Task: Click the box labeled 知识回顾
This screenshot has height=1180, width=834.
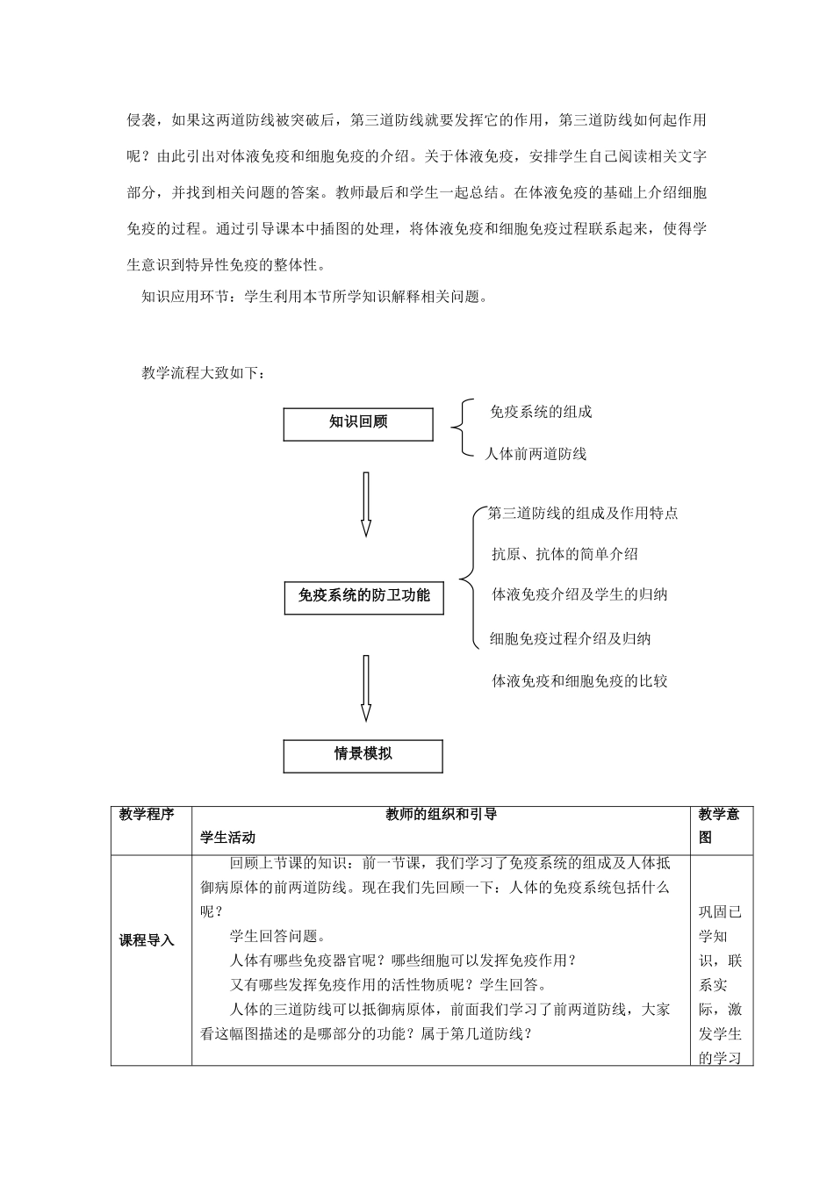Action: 358,424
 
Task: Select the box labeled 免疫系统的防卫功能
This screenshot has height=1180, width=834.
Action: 364,597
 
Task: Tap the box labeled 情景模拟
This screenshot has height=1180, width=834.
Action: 363,755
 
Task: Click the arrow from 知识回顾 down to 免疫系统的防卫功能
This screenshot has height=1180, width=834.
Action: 366,504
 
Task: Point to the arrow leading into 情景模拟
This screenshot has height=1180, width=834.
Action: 366,688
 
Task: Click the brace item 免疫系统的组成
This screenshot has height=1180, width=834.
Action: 541,412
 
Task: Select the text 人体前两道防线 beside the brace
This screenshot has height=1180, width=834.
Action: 536,454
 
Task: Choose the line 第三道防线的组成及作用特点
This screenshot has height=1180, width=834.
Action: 583,514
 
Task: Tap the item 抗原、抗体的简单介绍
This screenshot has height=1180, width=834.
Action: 564,554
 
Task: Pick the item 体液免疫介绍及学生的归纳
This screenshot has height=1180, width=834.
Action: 579,594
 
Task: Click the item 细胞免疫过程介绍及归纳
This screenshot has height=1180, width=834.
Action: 570,638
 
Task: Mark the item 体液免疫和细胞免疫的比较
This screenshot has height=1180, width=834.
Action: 579,680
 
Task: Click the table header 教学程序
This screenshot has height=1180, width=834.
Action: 147,815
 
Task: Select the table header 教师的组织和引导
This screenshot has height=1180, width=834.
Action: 442,815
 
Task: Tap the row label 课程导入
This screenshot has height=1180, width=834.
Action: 147,940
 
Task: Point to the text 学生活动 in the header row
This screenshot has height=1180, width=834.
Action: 228,838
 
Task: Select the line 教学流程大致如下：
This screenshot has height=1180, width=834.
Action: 203,373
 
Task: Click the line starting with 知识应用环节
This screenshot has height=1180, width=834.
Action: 313,297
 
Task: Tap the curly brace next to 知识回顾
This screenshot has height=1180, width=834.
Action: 458,428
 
